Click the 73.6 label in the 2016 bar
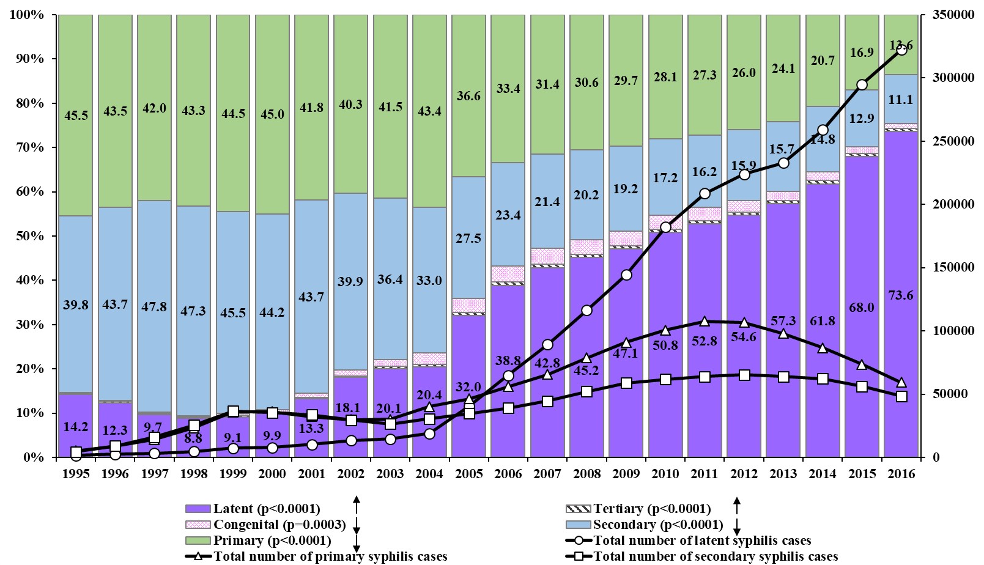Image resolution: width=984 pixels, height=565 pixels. (901, 295)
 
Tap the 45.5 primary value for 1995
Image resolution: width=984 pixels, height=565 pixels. (76, 115)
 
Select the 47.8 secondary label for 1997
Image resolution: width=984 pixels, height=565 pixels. (154, 306)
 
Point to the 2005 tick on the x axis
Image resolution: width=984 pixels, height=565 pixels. (468, 473)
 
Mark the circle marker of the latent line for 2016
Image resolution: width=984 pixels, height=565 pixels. (901, 50)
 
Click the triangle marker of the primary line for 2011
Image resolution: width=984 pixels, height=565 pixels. (705, 321)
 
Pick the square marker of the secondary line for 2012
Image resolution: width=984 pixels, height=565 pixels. (744, 375)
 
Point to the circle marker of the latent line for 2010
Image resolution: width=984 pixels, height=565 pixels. (665, 227)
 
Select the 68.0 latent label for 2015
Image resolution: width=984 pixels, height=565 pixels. (862, 307)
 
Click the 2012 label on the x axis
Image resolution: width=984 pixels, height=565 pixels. (744, 473)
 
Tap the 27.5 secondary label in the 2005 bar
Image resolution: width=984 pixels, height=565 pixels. (468, 238)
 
